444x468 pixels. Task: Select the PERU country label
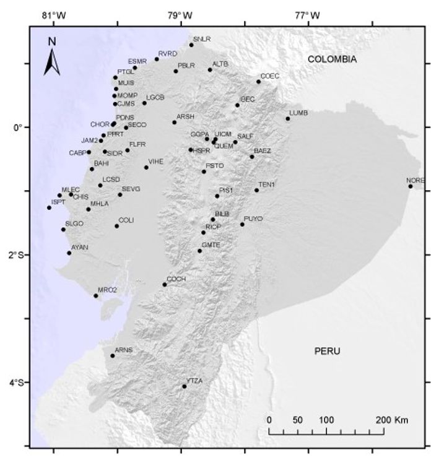tap(327, 351)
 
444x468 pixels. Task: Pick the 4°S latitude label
tap(17, 383)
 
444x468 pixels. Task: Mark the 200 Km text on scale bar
tap(388, 420)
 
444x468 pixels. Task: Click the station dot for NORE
tap(410, 186)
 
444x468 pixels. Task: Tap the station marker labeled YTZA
tap(185, 386)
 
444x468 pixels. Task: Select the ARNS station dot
tap(112, 355)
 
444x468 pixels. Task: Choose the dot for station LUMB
tap(288, 118)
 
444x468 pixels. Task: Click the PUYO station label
tap(253, 219)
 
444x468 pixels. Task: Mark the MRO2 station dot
tap(95, 295)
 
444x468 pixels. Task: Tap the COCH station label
tap(176, 279)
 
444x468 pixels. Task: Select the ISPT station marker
tap(49, 207)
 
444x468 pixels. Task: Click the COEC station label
tap(270, 76)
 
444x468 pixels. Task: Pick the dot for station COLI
tap(116, 226)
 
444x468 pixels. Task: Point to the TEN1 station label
tap(266, 184)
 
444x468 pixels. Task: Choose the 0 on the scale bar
tap(269, 420)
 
